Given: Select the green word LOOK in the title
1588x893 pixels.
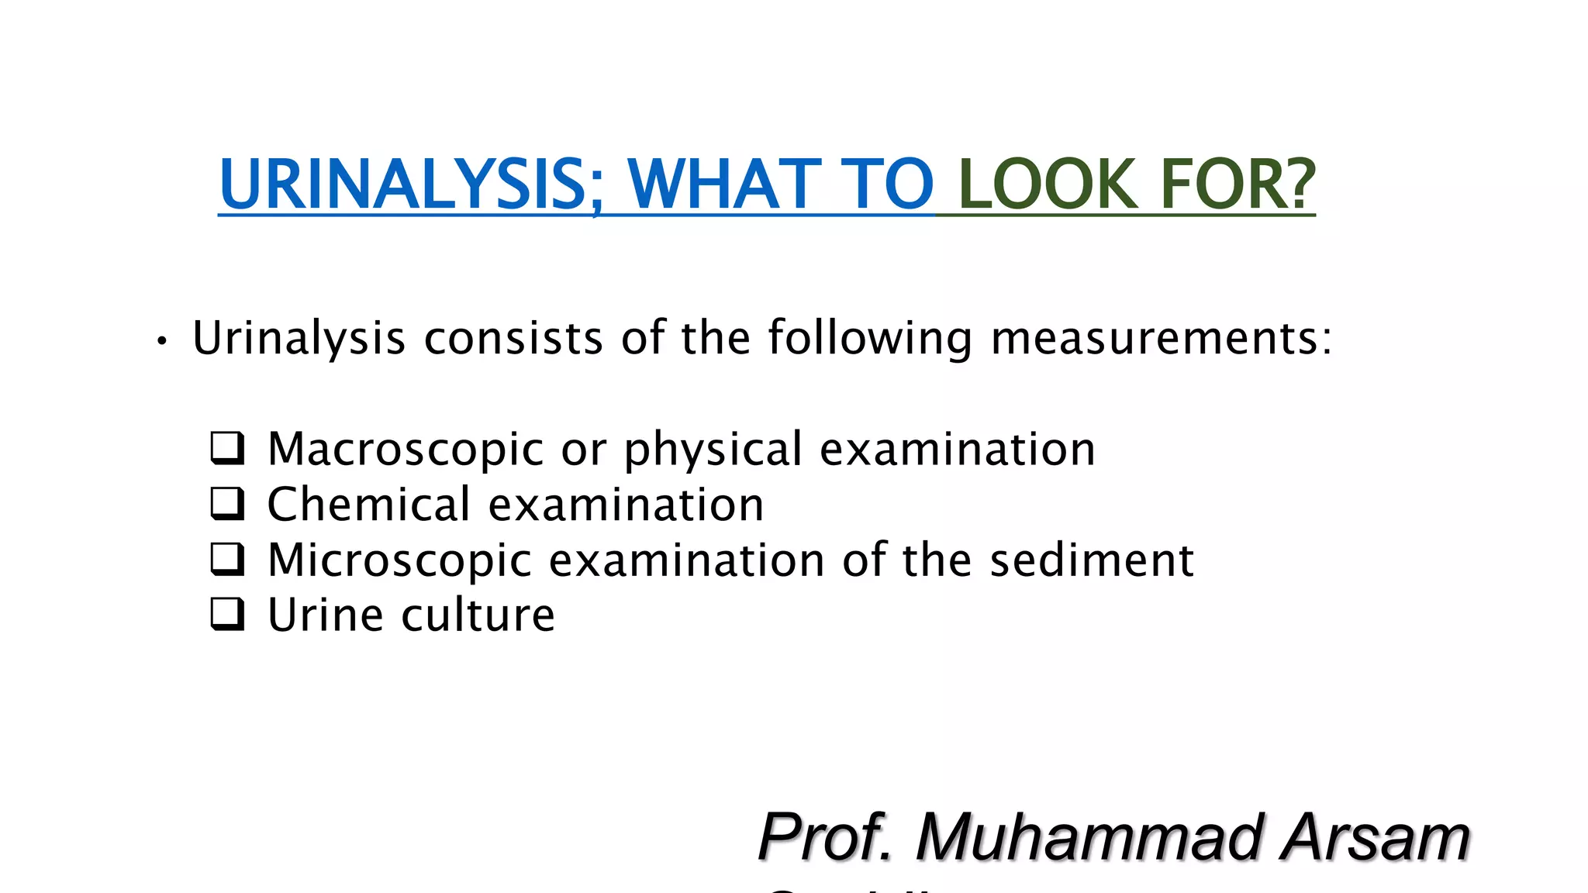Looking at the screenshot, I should pos(1048,184).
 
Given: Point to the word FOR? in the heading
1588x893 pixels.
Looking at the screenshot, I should pos(1238,184).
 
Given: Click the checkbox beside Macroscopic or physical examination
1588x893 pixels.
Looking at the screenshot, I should pos(227,448).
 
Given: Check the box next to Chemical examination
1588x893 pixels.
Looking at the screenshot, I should pos(227,504).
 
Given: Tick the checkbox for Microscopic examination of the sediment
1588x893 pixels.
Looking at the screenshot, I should pos(227,560).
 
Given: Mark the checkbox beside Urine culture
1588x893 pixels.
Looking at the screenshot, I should pos(227,615).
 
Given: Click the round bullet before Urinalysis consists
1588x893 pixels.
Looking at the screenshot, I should pos(161,341).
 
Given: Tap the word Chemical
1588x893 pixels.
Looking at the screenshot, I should pos(368,505).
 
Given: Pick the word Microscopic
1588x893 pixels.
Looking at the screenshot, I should pos(399,560).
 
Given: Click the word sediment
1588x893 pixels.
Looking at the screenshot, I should pos(1092,560).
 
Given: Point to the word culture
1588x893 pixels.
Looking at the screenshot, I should pos(478,615).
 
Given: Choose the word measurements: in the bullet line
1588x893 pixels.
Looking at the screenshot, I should pos(1162,339).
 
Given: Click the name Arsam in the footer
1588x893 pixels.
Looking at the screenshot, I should pos(1375,837).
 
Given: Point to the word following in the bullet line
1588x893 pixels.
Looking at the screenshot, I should pos(870,339).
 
